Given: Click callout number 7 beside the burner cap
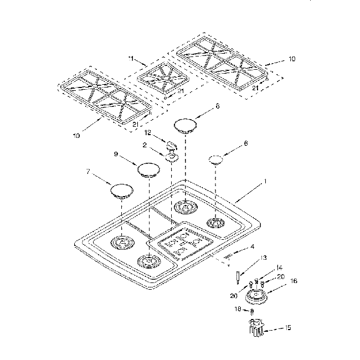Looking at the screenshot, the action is pyautogui.click(x=88, y=172).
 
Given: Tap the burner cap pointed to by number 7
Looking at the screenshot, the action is pyautogui.click(x=122, y=191).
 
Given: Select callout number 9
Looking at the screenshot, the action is pyautogui.click(x=116, y=154).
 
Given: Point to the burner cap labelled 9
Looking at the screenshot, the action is pyautogui.click(x=148, y=170).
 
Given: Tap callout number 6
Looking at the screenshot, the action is pyautogui.click(x=246, y=143).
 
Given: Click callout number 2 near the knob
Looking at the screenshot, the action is pyautogui.click(x=145, y=145).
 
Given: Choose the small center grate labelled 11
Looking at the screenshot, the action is pyautogui.click(x=163, y=78).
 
